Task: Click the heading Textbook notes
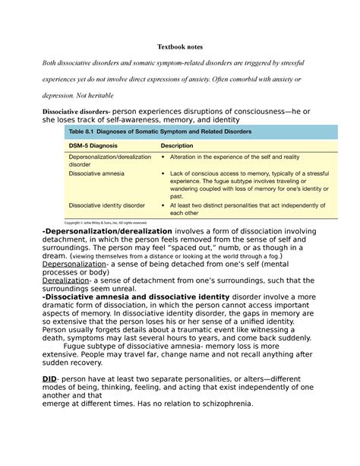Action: (180, 48)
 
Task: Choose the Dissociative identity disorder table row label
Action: (107, 205)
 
